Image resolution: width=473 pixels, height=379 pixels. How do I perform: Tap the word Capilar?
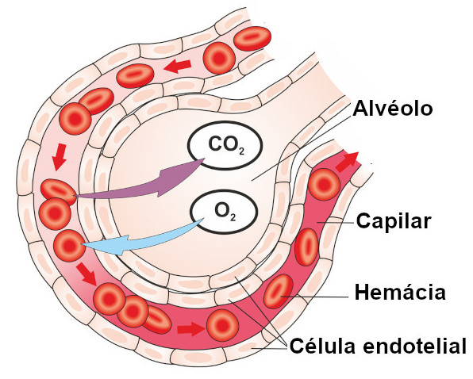[394, 221]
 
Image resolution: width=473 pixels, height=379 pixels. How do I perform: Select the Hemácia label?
[400, 292]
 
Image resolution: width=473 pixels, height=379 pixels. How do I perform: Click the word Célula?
[322, 346]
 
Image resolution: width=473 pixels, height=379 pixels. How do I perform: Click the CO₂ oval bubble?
[225, 145]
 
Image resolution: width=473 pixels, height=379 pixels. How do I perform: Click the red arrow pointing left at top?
[178, 66]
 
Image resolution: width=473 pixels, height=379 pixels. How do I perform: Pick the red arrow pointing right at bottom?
[191, 329]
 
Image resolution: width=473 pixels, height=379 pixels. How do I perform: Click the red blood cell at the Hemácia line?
[278, 291]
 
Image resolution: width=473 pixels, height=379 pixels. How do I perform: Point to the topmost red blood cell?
[252, 38]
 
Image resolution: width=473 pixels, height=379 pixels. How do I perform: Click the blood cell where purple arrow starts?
[59, 192]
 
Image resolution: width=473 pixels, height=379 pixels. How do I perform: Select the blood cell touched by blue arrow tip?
[69, 246]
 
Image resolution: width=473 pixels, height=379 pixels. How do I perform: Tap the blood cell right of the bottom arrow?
[223, 325]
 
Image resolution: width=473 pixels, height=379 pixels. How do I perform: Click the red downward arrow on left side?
[59, 157]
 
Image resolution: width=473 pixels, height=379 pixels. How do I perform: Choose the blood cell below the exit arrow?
[325, 185]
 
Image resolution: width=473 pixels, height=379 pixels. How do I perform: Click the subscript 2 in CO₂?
[240, 151]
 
